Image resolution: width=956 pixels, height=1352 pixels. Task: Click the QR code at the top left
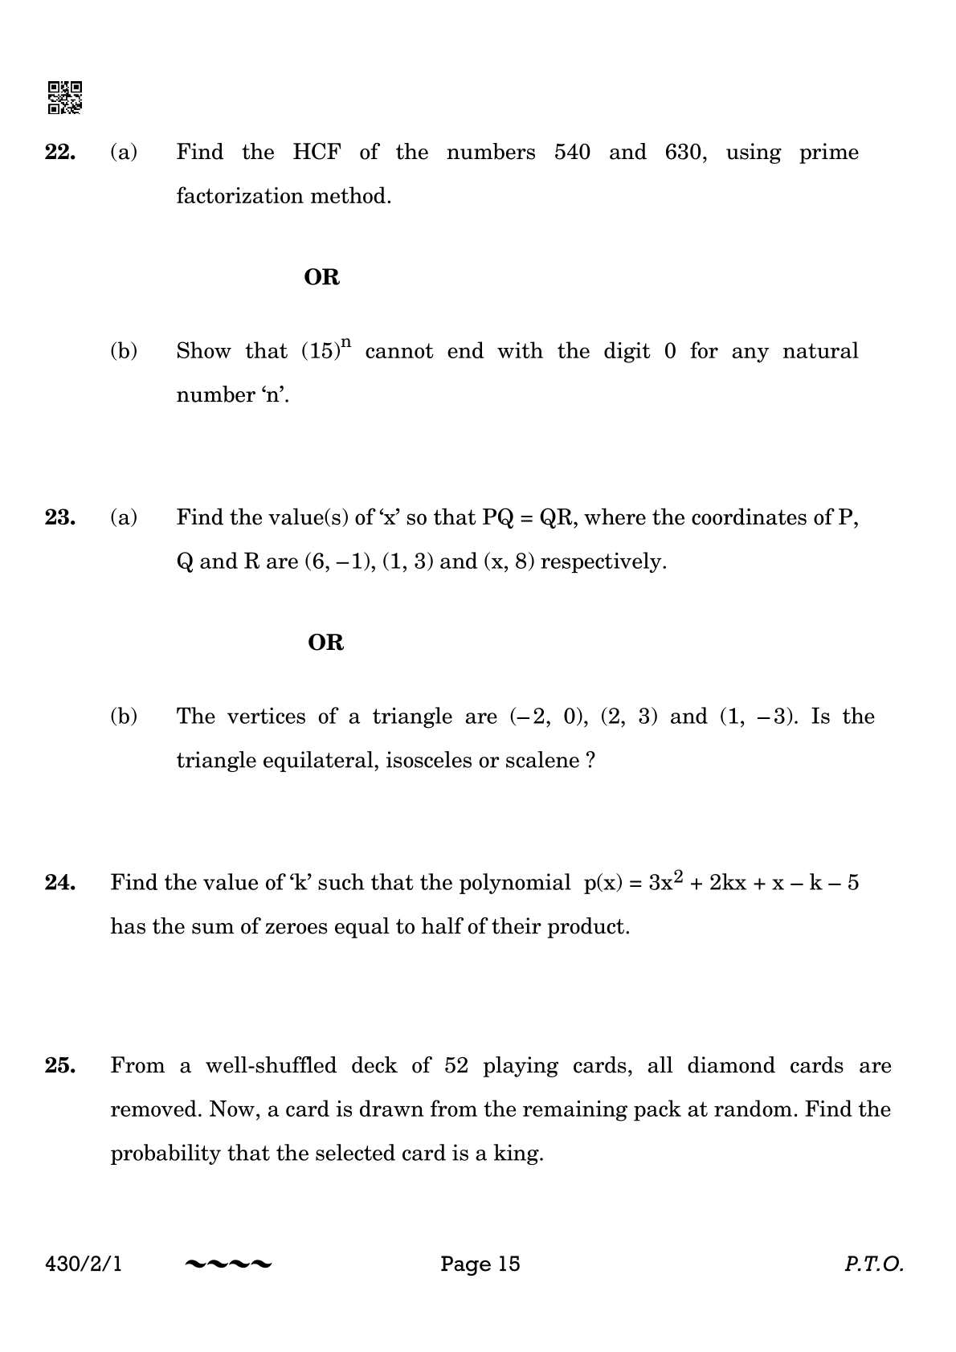pyautogui.click(x=65, y=98)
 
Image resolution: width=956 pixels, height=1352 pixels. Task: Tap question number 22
pyautogui.click(x=60, y=153)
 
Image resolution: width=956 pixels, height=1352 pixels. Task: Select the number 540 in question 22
pyautogui.click(x=572, y=153)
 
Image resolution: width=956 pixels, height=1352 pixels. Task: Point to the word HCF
pyautogui.click(x=317, y=153)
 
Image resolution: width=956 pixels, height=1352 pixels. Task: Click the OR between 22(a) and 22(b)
pyautogui.click(x=322, y=277)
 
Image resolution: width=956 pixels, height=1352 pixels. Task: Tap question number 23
pyautogui.click(x=60, y=517)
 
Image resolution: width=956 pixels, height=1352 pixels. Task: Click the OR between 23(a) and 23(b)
pyautogui.click(x=326, y=643)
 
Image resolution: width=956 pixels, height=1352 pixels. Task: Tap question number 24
pyautogui.click(x=60, y=883)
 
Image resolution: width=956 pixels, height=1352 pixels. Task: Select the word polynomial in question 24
pyautogui.click(x=514, y=883)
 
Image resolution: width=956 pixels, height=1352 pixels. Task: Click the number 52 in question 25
pyautogui.click(x=456, y=1066)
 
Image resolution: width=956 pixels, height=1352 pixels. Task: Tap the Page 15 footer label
pyautogui.click(x=480, y=1264)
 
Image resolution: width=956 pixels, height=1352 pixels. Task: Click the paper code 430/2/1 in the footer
pyautogui.click(x=84, y=1264)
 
